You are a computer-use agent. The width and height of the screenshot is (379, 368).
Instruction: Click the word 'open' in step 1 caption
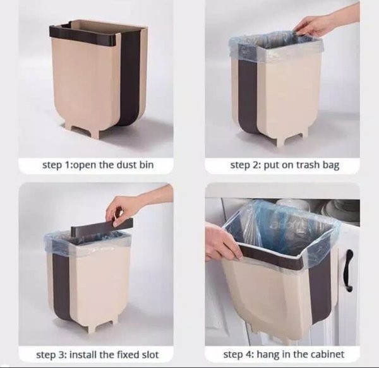tap(85, 165)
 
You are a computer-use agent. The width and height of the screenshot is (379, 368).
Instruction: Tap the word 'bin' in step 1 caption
tap(147, 165)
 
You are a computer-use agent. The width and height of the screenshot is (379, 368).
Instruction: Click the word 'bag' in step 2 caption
tap(331, 165)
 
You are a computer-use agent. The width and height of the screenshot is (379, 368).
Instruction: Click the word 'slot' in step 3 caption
tap(150, 355)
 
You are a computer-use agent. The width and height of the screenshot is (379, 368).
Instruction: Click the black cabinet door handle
tap(348, 270)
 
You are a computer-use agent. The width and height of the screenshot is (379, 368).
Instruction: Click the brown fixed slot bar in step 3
tap(102, 226)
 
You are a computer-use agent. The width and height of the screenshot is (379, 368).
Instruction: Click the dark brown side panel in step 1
tap(130, 77)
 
